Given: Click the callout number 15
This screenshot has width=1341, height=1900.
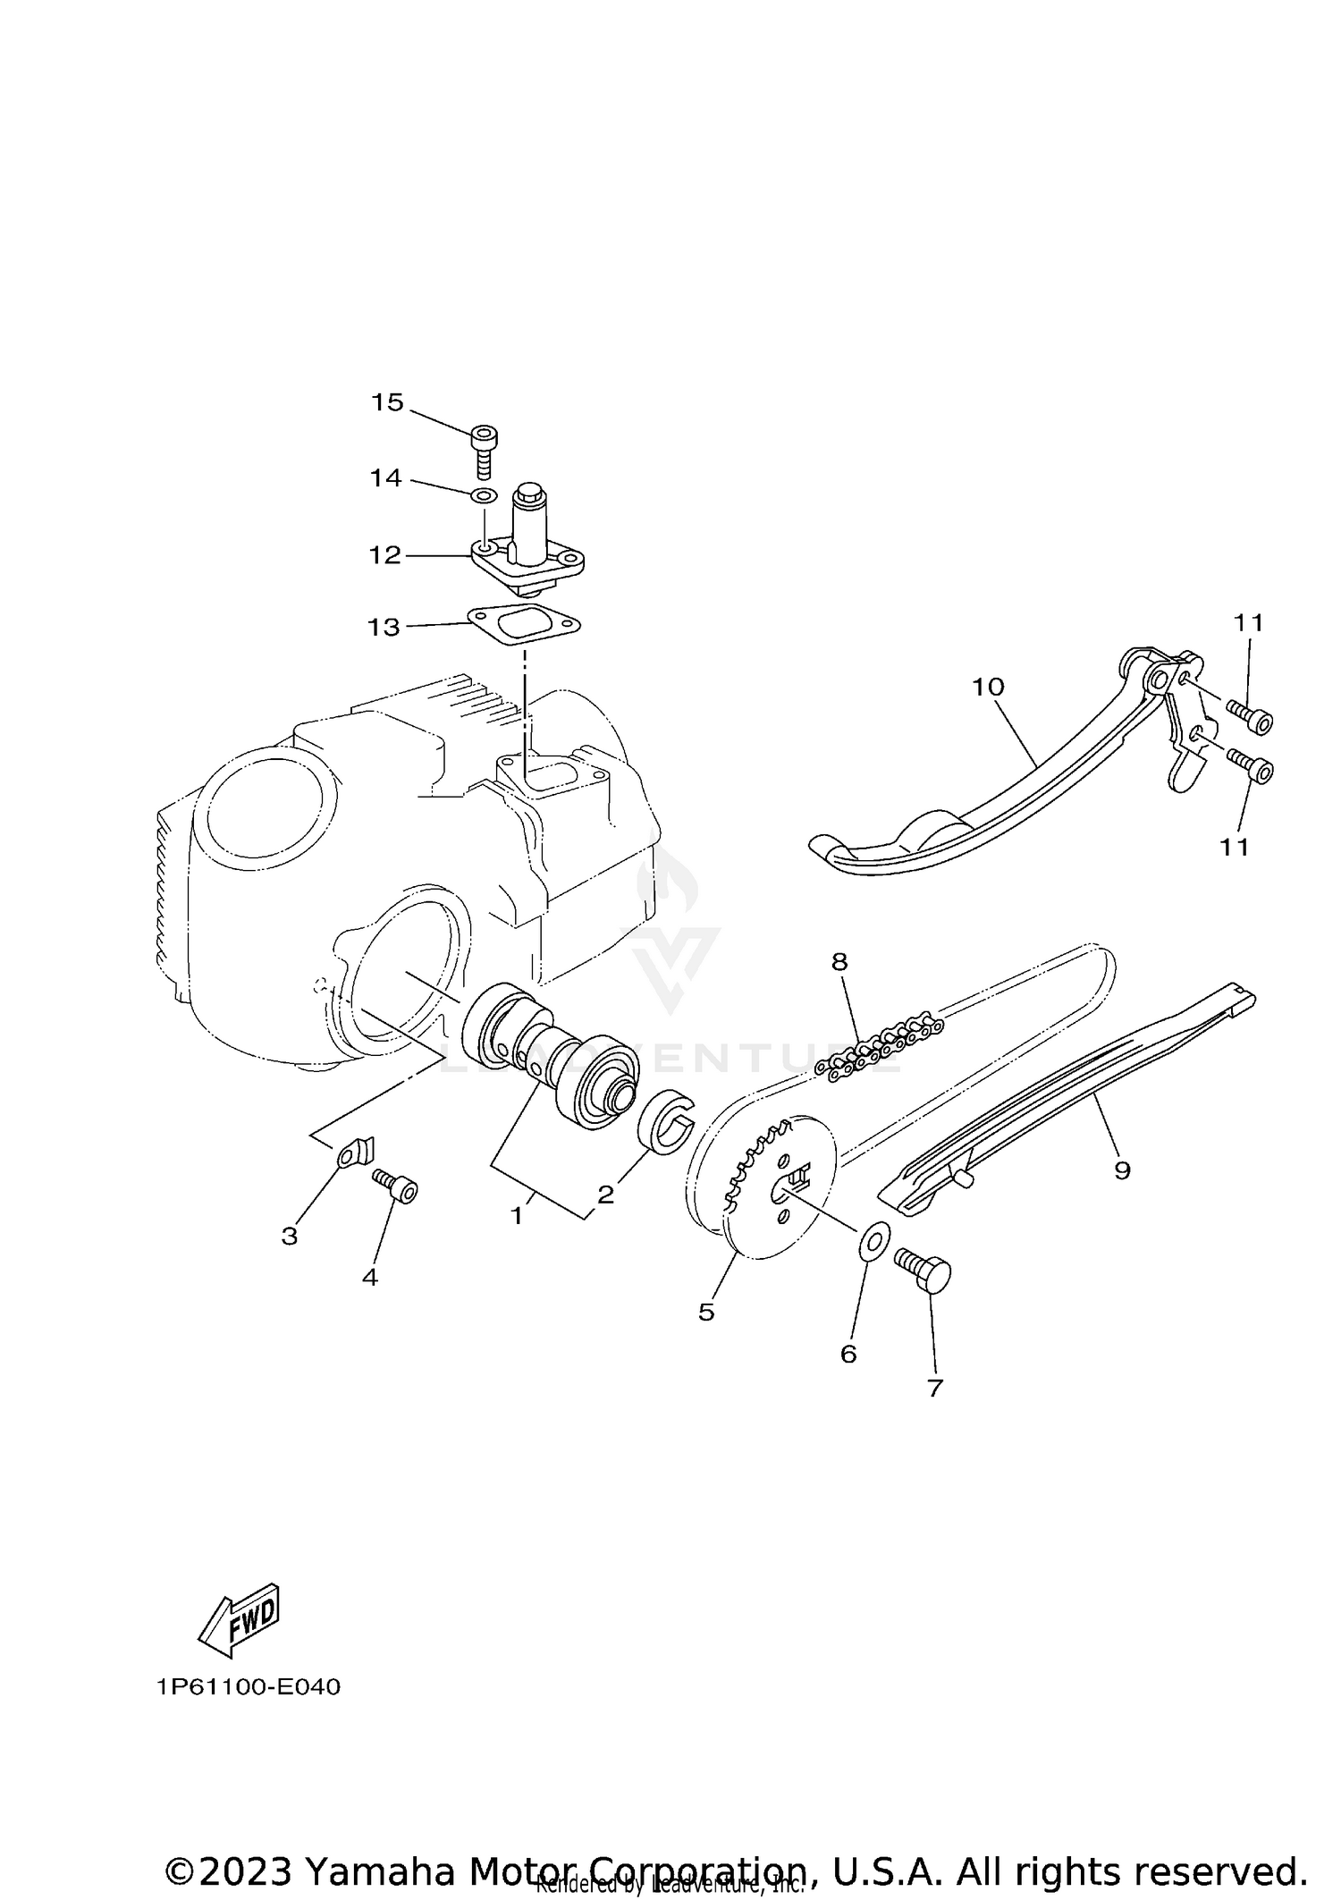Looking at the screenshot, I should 388,402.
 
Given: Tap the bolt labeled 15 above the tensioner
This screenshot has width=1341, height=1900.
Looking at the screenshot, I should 483,447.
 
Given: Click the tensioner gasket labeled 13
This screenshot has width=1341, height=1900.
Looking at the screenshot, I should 524,626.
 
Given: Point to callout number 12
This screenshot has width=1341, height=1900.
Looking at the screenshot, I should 385,555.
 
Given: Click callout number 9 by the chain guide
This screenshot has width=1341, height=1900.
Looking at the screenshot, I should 1122,1170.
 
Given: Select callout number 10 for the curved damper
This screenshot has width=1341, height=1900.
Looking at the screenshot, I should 989,687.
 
